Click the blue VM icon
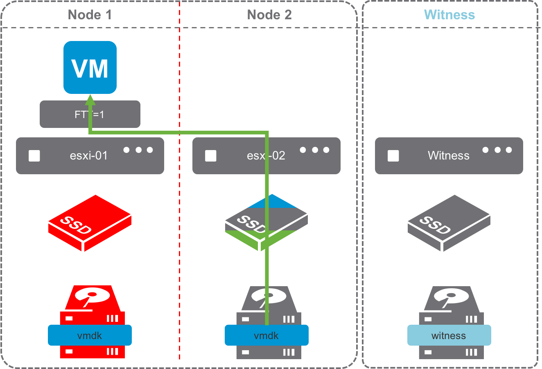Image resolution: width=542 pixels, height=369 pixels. pyautogui.click(x=90, y=67)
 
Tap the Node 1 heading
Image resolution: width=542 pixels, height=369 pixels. pyautogui.click(x=90, y=15)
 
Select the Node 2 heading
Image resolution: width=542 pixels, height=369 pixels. pyautogui.click(x=269, y=15)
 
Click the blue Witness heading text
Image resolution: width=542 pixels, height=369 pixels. pyautogui.click(x=449, y=15)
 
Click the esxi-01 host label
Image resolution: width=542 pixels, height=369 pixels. pyautogui.click(x=89, y=156)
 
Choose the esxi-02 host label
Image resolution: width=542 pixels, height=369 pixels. pyautogui.click(x=266, y=156)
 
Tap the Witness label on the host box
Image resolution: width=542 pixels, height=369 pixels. pyautogui.click(x=449, y=156)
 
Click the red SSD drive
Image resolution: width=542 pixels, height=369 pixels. pyautogui.click(x=90, y=223)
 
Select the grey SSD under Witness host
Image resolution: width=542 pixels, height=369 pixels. pyautogui.click(x=449, y=223)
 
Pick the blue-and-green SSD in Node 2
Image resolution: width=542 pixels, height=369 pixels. pyautogui.click(x=266, y=223)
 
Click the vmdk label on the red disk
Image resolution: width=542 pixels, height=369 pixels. pyautogui.click(x=90, y=336)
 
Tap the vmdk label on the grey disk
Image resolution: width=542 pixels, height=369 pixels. pyautogui.click(x=266, y=336)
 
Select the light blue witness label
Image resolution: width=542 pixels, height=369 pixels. pyautogui.click(x=449, y=336)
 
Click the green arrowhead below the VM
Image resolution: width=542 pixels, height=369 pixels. pyautogui.click(x=90, y=100)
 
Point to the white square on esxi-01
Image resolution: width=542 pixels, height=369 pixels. pyautogui.click(x=34, y=156)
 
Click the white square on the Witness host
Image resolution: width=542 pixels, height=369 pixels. pyautogui.click(x=393, y=156)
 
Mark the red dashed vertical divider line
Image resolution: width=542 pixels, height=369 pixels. pyautogui.click(x=180, y=246)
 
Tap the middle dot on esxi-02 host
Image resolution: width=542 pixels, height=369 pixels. pyautogui.click(x=315, y=150)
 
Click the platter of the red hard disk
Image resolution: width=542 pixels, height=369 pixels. pyautogui.click(x=92, y=294)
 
